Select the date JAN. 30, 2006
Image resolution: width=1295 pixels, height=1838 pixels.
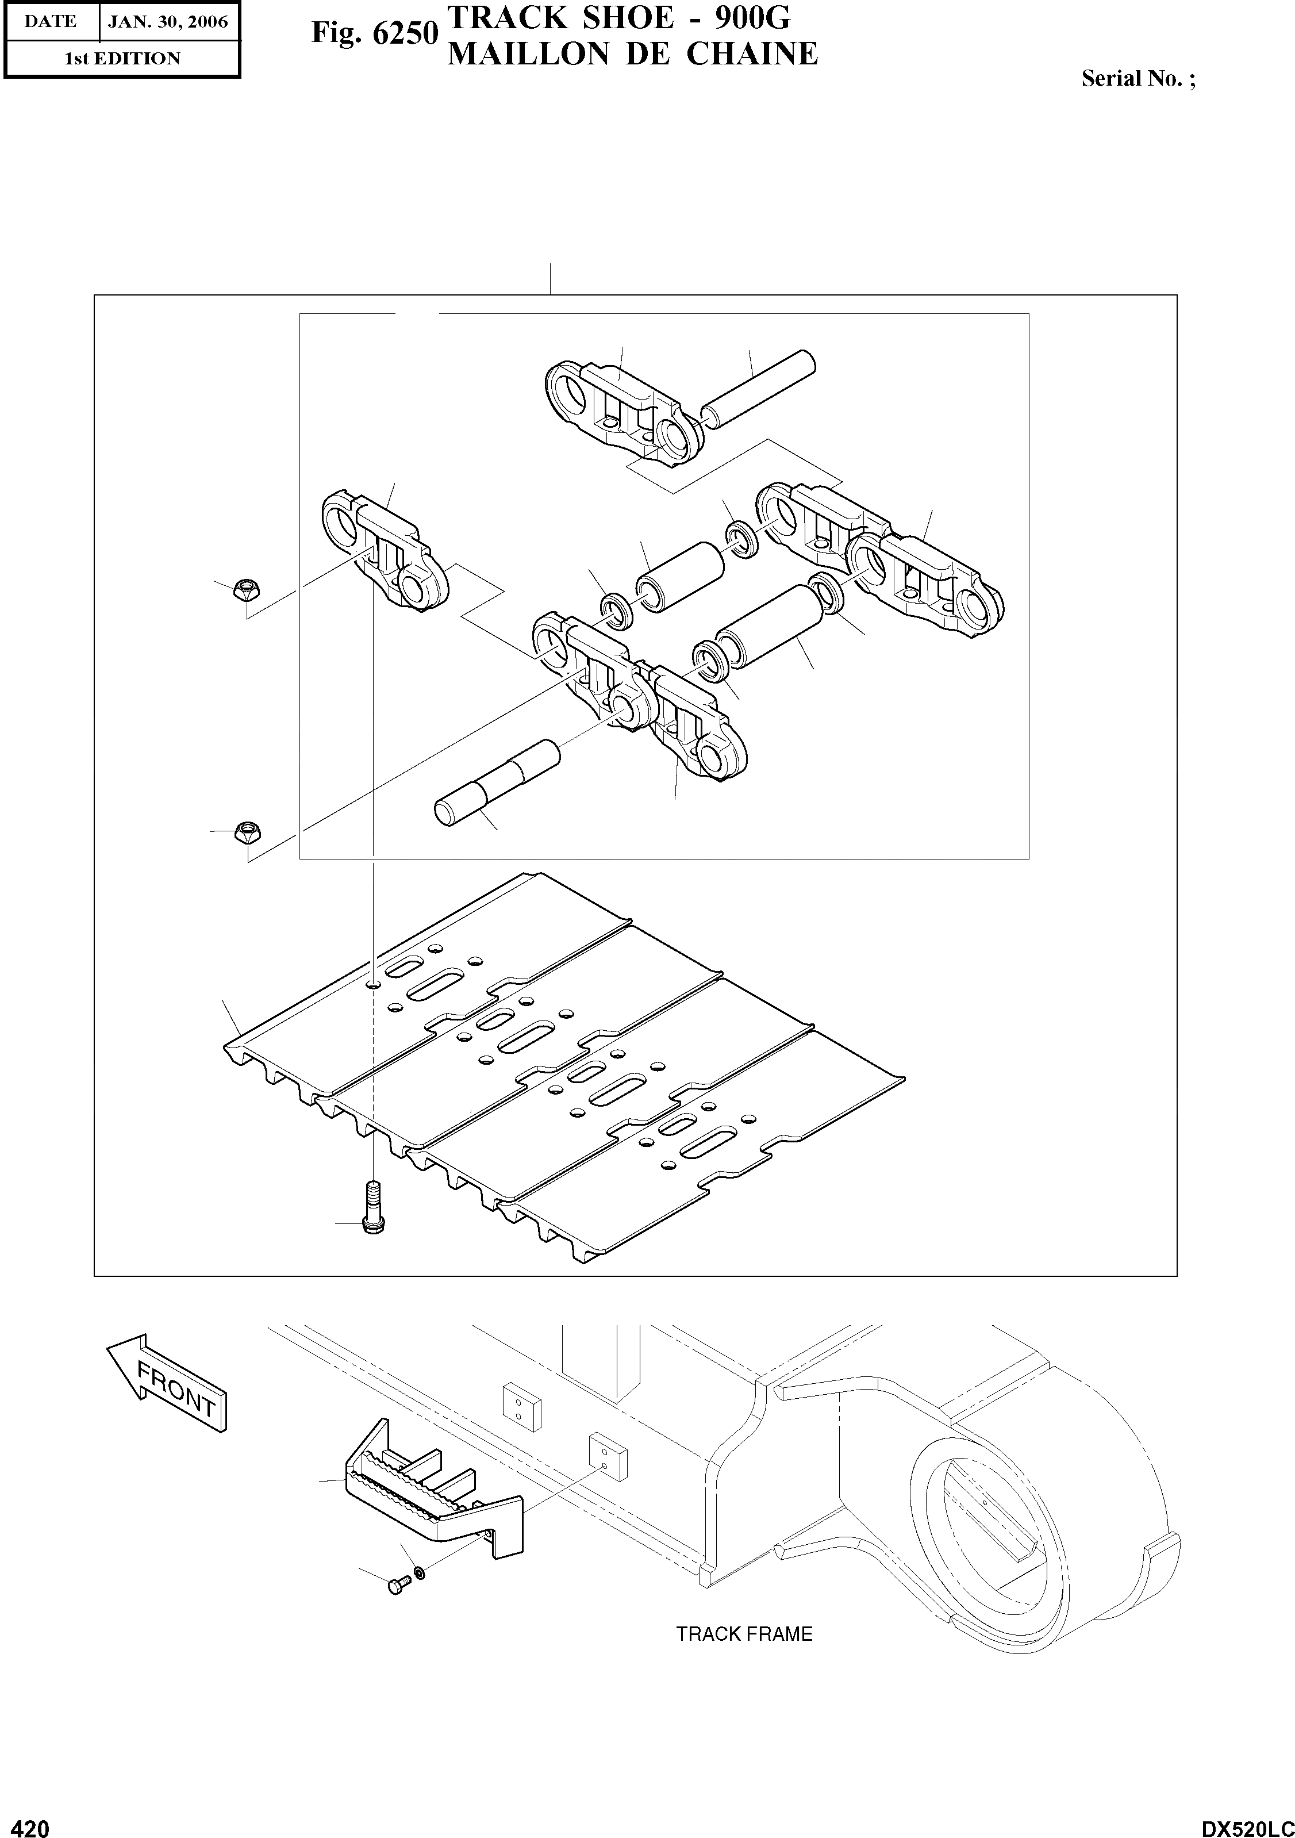coord(168,22)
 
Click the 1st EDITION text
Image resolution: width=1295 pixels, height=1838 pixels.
coord(122,59)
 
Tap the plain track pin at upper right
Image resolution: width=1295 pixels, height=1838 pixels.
coord(758,386)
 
